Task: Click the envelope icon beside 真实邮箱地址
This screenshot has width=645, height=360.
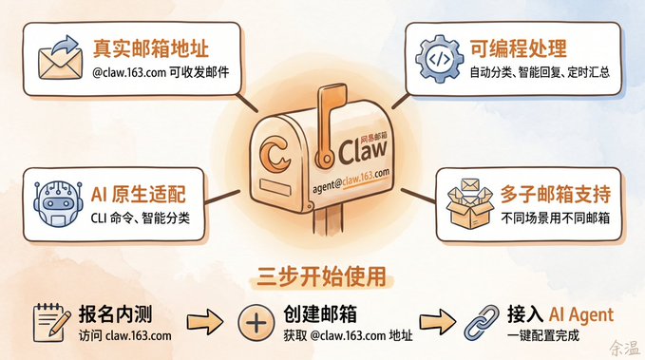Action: [x=60, y=58]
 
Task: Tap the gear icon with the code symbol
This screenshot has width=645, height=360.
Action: [x=439, y=59]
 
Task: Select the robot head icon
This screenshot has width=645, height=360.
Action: [x=58, y=204]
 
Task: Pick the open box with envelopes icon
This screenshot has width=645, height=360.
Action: [x=470, y=203]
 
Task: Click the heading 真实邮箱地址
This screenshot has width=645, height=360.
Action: [x=150, y=48]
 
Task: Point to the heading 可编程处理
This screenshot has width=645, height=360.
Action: [x=519, y=48]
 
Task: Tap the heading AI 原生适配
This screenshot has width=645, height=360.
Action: [x=139, y=194]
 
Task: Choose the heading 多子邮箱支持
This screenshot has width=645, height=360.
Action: [x=556, y=194]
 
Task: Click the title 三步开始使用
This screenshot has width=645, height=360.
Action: [x=322, y=276]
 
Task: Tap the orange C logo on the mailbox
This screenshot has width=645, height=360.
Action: [x=275, y=154]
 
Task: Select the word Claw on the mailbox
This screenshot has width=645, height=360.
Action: [x=363, y=151]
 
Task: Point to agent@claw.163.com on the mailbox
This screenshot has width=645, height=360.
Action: [x=351, y=181]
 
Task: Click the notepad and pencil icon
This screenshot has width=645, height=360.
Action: [x=51, y=323]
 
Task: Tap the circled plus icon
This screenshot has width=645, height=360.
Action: [x=256, y=323]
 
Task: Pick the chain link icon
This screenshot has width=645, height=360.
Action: [x=482, y=323]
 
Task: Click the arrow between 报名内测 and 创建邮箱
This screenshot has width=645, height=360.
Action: [x=205, y=321]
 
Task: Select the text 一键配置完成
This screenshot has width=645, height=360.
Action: [x=543, y=335]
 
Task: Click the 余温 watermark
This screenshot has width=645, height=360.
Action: [x=625, y=348]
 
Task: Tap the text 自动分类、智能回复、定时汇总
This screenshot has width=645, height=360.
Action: [x=540, y=72]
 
